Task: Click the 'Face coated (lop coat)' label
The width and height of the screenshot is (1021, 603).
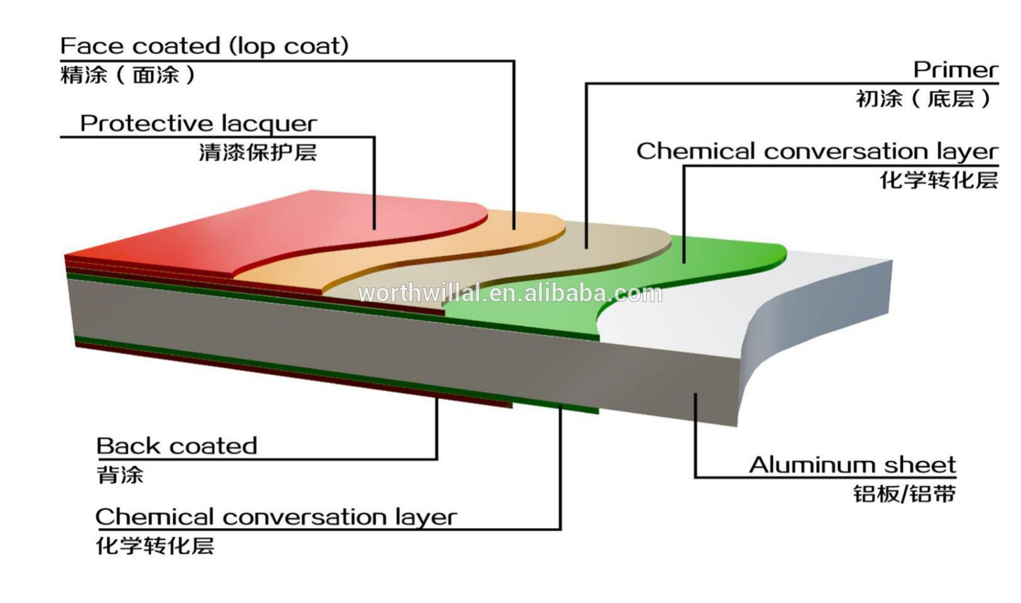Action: click(205, 46)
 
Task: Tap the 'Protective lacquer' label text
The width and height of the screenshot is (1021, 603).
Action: click(199, 123)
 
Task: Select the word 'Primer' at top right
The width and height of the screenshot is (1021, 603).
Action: click(956, 70)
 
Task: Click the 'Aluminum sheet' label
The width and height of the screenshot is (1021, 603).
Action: click(853, 465)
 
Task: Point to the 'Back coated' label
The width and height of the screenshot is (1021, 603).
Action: click(177, 446)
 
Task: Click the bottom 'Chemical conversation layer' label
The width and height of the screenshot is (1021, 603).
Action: click(276, 517)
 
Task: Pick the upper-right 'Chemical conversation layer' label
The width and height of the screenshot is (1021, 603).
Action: click(818, 152)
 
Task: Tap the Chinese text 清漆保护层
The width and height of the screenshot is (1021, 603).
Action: click(258, 153)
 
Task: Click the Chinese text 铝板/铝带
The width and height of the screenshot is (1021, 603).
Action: click(905, 494)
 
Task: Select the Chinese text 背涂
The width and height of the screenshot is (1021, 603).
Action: click(120, 475)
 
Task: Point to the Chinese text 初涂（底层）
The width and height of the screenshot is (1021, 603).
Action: click(925, 99)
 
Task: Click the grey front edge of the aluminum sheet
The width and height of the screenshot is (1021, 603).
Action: click(401, 346)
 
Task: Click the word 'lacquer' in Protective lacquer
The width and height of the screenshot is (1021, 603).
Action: click(269, 124)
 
